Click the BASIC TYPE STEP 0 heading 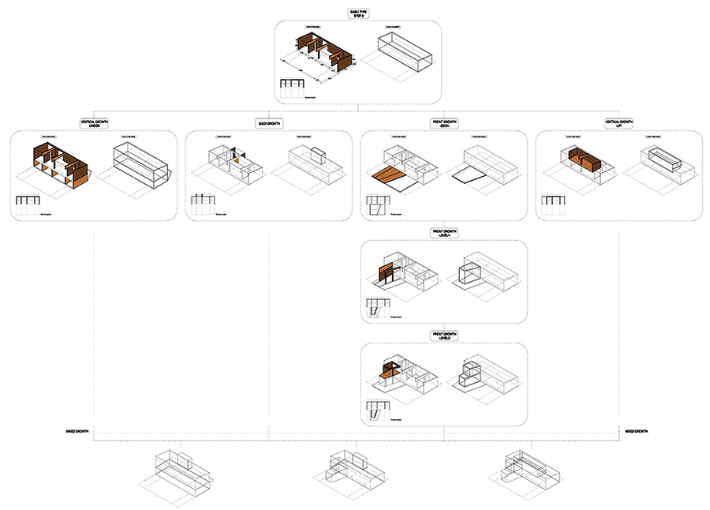point(357,13)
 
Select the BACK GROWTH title point(269,124)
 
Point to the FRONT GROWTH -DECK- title point(444,123)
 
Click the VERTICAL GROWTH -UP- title point(618,123)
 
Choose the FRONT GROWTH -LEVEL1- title point(444,233)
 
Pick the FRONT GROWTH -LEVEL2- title point(444,335)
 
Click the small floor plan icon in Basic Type point(292,88)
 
